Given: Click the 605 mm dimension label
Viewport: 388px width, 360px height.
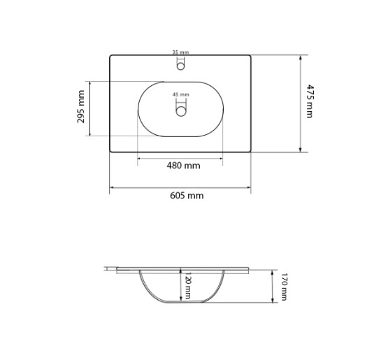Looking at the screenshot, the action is (x=187, y=196).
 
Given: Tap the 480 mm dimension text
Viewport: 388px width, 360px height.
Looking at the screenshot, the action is (x=183, y=165).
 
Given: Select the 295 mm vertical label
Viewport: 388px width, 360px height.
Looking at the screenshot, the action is (x=81, y=107).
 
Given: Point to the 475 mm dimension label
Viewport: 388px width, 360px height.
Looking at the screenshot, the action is (x=310, y=101).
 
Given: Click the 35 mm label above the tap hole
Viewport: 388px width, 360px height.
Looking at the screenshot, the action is (x=180, y=52).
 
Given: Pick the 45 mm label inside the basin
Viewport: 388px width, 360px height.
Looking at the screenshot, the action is (x=180, y=94).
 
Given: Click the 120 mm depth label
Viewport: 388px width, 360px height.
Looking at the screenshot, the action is (x=188, y=285).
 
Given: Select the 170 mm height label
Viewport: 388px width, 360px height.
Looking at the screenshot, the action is (x=284, y=287).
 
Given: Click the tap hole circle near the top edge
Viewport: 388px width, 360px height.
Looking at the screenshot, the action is (x=180, y=66).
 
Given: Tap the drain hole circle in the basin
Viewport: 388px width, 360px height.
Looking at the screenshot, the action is (x=181, y=111).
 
